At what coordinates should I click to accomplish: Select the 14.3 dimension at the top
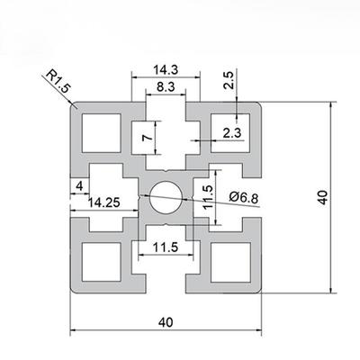[x=166, y=67]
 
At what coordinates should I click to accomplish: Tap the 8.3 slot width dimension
[x=166, y=86]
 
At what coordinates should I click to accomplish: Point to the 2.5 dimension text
[x=229, y=80]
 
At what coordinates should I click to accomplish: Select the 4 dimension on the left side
[x=80, y=186]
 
